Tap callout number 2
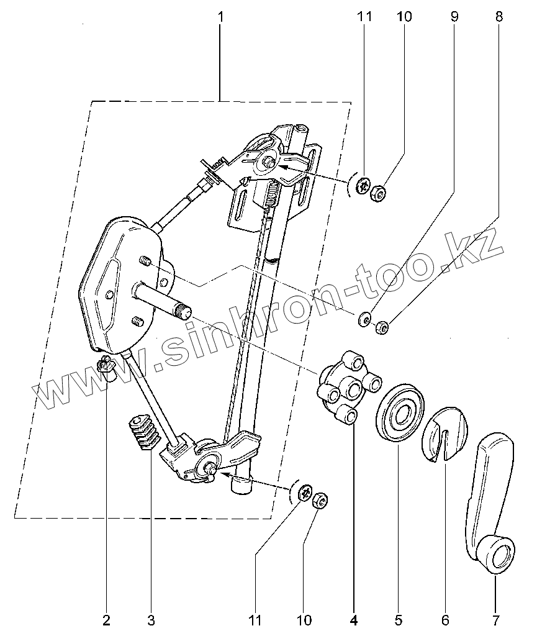click(107, 619)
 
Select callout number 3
click(151, 619)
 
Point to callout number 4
click(354, 619)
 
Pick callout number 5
click(398, 619)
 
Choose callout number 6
click(445, 619)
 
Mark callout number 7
click(495, 619)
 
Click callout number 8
click(499, 17)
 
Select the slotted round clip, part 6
click(446, 435)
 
